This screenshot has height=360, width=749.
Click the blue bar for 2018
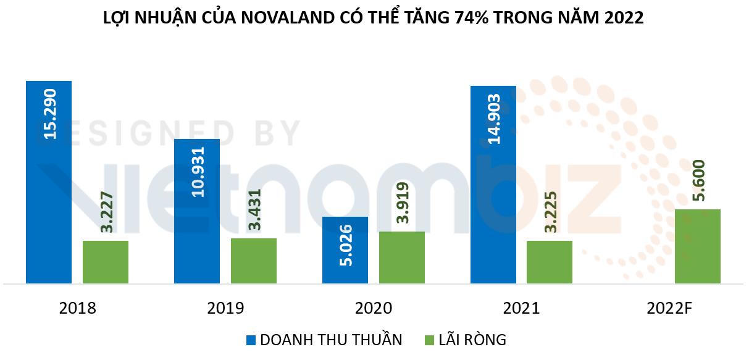[x=49, y=185]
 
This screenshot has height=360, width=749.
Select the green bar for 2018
[x=106, y=262]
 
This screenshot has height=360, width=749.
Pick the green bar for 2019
[x=254, y=261]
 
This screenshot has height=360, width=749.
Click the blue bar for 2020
[x=345, y=250]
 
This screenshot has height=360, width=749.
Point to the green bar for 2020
[x=402, y=257]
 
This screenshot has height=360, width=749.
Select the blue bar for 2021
[x=493, y=185]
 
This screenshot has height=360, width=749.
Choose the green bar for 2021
[x=550, y=262]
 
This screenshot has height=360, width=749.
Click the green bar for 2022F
[x=698, y=246]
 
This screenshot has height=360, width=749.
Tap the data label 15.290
[x=49, y=114]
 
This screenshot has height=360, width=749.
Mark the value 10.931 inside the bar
[x=197, y=172]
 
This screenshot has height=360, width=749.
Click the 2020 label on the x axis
[x=373, y=308]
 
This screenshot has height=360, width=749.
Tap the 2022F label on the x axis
[x=669, y=308]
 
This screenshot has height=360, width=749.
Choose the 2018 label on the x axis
[x=77, y=308]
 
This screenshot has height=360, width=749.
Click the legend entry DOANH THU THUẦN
[x=331, y=340]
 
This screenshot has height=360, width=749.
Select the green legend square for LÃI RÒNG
[x=430, y=340]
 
